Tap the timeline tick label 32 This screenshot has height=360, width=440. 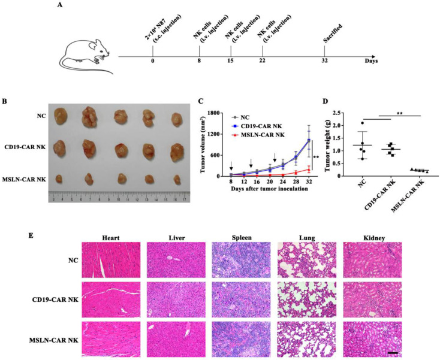coord(325,60)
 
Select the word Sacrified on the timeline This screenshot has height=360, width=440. coord(333,34)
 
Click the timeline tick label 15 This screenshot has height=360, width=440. coord(231,60)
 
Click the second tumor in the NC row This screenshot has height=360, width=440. coord(89,117)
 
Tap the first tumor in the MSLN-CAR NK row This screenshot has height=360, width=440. coord(59,179)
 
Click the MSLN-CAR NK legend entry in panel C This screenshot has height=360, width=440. coord(259,135)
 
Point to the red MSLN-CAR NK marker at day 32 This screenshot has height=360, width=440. coord(309,170)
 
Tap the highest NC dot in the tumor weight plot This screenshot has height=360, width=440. coord(362,123)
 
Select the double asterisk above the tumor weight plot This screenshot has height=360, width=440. coord(400,114)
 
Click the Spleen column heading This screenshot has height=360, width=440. coord(242,238)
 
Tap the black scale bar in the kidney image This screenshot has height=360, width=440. coord(393,352)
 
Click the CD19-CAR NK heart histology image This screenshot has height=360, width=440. coord(111,300)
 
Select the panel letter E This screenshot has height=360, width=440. coord(31,235)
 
